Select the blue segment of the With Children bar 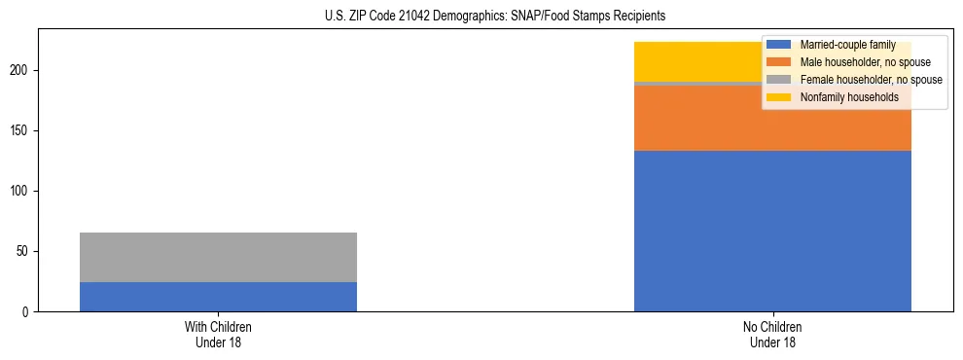218,297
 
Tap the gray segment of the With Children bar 218,258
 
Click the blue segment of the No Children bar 772,231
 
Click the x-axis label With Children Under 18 218,334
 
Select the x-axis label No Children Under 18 772,334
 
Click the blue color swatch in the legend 778,45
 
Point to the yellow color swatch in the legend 778,97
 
